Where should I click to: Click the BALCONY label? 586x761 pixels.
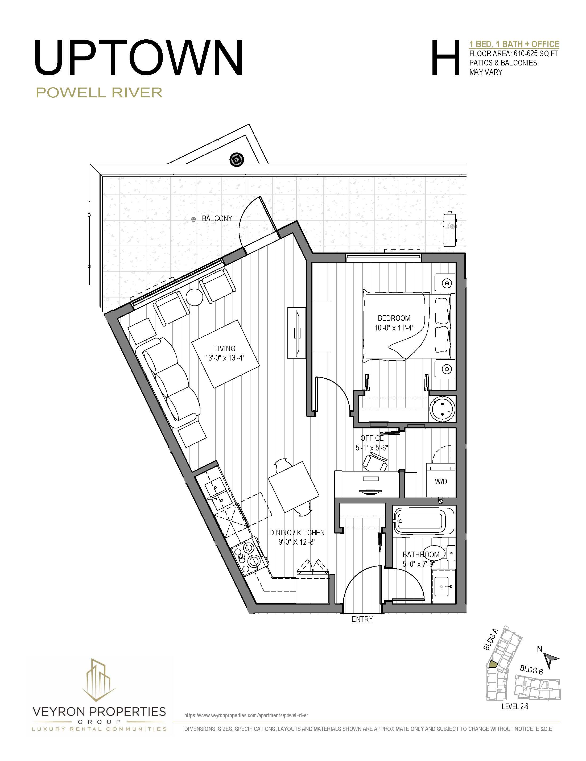pyautogui.click(x=217, y=218)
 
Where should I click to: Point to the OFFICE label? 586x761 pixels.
pyautogui.click(x=372, y=438)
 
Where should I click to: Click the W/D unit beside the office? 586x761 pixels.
pyautogui.click(x=441, y=481)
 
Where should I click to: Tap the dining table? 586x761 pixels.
pyautogui.click(x=294, y=487)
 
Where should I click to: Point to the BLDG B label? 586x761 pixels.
pyautogui.click(x=531, y=669)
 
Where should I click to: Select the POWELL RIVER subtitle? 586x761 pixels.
pyautogui.click(x=99, y=93)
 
